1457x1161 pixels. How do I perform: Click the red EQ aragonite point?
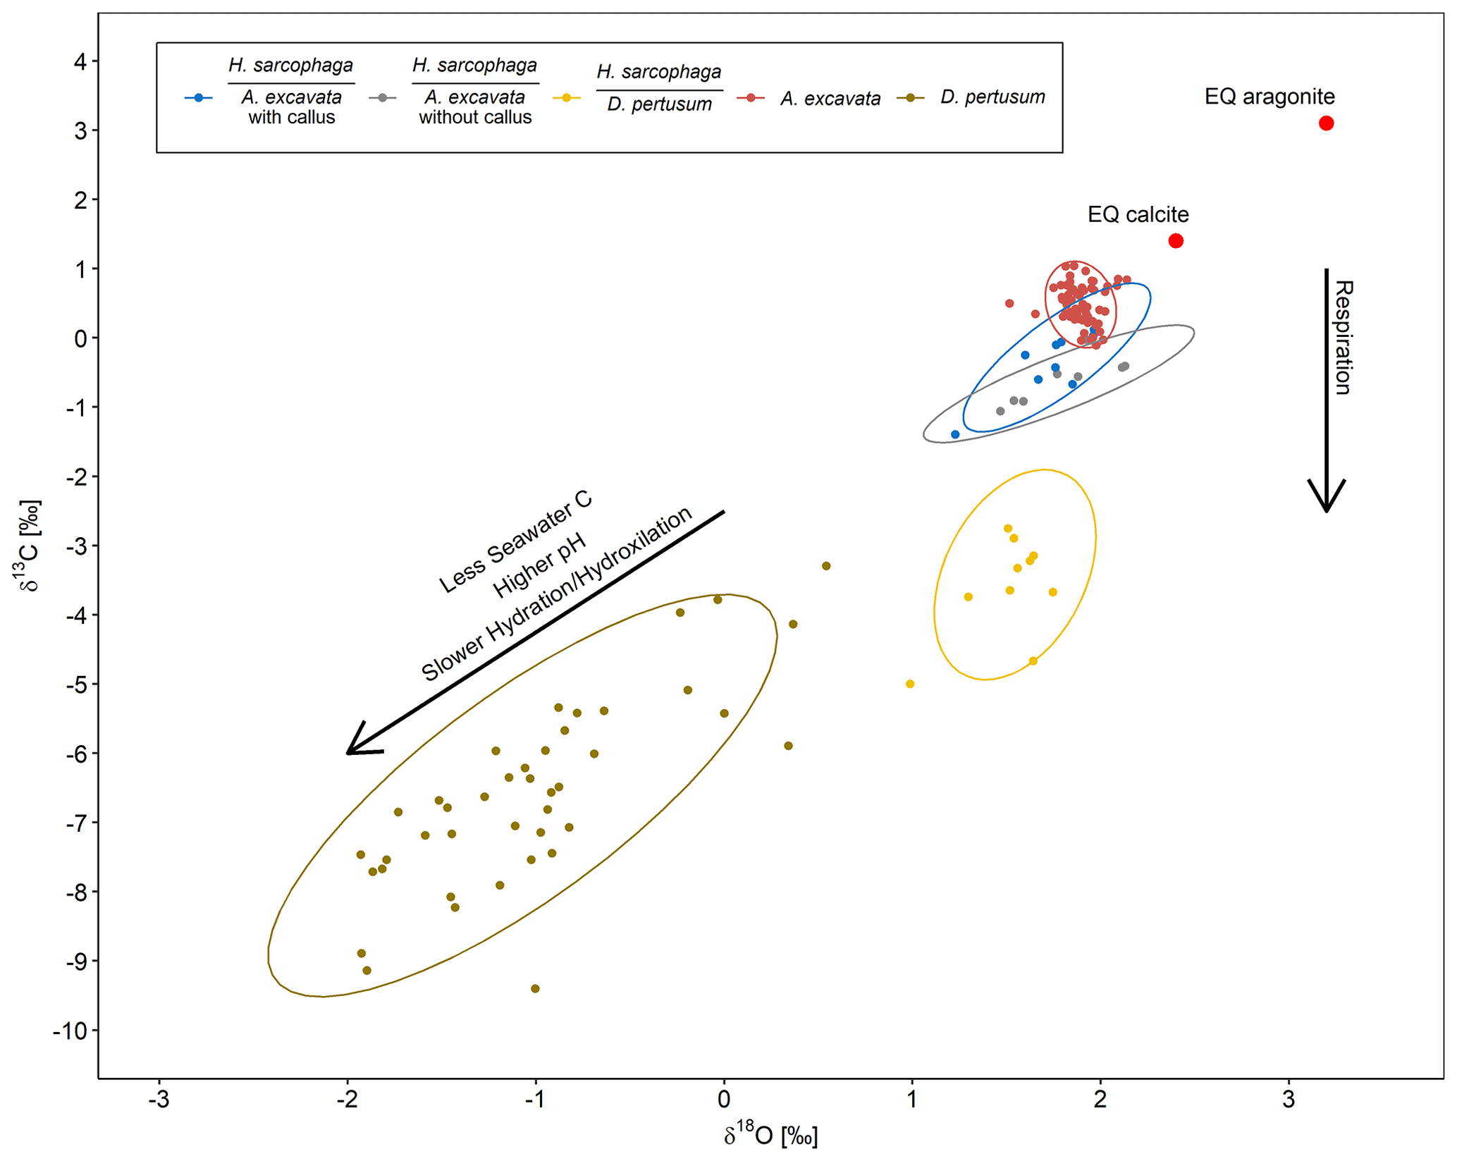[1326, 123]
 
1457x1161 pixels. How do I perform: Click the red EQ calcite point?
[1176, 241]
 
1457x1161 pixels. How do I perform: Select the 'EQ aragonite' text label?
[1270, 97]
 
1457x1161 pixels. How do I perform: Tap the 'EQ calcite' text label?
[1138, 214]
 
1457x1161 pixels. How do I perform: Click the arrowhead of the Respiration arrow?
[1327, 505]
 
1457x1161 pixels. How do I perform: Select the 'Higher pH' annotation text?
[539, 565]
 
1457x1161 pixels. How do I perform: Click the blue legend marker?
[199, 98]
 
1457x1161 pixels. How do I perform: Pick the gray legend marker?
[383, 98]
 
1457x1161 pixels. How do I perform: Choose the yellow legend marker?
[567, 98]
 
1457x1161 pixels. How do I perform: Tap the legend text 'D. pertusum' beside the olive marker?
[992, 97]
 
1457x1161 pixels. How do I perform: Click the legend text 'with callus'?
[292, 117]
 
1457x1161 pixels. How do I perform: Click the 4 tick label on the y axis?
[81, 62]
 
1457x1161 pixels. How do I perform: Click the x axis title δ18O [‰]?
[770, 1135]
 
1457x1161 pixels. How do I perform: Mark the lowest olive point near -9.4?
[535, 989]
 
